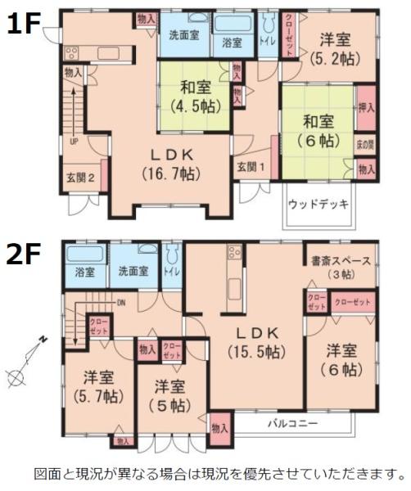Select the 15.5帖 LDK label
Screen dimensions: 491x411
tap(256, 344)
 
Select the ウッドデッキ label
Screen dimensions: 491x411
tap(319, 203)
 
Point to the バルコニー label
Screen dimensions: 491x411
tap(292, 424)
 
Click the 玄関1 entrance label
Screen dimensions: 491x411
tap(251, 167)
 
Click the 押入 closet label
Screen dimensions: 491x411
tap(366, 107)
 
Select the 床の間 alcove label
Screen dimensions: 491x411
tap(366, 144)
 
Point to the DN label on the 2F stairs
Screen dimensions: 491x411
tap(121, 301)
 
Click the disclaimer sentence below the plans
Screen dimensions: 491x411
tap(219, 473)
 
